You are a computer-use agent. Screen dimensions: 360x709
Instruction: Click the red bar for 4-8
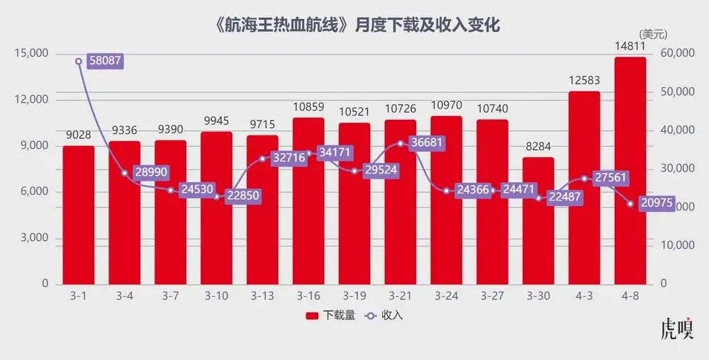pos(630,170)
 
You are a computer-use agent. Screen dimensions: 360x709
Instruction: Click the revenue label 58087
pos(105,61)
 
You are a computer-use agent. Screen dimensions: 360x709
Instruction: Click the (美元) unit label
pos(653,33)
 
